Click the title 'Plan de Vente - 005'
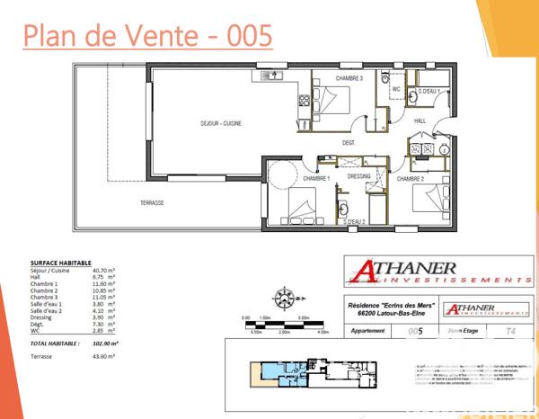click(147, 38)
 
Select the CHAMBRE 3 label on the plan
click(349, 79)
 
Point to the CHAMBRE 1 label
click(315, 178)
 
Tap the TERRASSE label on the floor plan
click(152, 203)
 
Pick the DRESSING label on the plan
click(359, 176)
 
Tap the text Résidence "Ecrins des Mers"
click(386, 306)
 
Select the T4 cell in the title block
click(510, 332)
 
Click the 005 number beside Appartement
click(415, 332)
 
